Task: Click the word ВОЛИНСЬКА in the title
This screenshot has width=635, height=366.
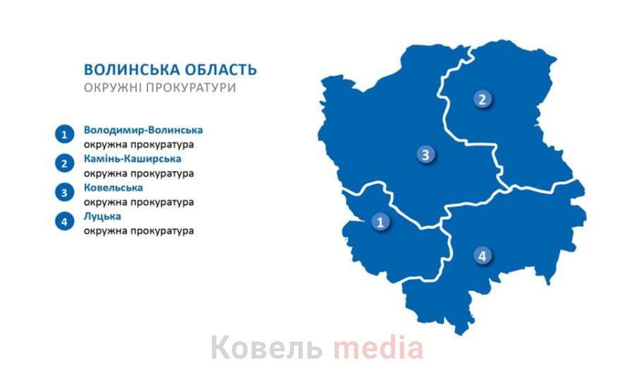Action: pyautogui.click(x=132, y=70)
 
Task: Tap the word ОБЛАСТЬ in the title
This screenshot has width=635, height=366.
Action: pyautogui.click(x=221, y=70)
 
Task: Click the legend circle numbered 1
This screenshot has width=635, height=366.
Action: pyautogui.click(x=64, y=134)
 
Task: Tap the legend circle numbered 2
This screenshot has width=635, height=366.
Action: pyautogui.click(x=64, y=163)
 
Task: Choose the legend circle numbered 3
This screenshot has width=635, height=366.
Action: pyautogui.click(x=64, y=192)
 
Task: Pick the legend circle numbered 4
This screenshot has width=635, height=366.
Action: pyautogui.click(x=64, y=221)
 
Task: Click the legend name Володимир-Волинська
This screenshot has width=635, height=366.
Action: pyautogui.click(x=143, y=130)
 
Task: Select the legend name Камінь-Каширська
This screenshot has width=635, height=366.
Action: pyautogui.click(x=133, y=159)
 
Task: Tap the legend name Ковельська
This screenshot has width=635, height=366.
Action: pyautogui.click(x=114, y=188)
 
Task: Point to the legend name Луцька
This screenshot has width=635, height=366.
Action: pyautogui.click(x=102, y=217)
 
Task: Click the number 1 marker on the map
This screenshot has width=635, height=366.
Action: pyautogui.click(x=380, y=222)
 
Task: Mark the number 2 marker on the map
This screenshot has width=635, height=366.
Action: pyautogui.click(x=483, y=99)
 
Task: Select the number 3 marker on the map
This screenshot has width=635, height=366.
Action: pyautogui.click(x=425, y=155)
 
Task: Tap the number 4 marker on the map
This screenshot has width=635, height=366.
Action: pyautogui.click(x=483, y=256)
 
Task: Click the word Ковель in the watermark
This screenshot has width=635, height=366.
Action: pyautogui.click(x=267, y=348)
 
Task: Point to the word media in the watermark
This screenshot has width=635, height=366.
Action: pyautogui.click(x=378, y=347)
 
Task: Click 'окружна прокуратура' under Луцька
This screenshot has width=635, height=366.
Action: pyautogui.click(x=139, y=231)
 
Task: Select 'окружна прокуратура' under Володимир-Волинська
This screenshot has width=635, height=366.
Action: pyautogui.click(x=139, y=144)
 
